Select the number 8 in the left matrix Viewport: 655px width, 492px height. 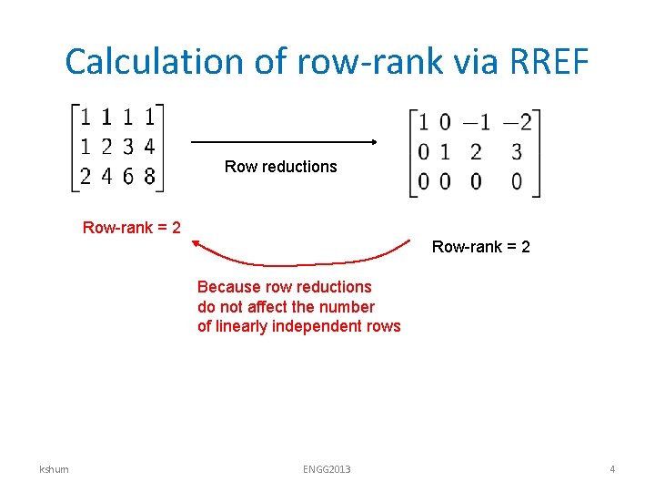[x=150, y=175]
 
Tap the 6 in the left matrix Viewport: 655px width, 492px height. [x=128, y=175]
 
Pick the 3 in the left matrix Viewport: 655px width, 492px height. [x=128, y=146]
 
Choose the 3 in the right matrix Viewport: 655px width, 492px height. [x=517, y=151]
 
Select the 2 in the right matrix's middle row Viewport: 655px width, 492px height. [x=476, y=151]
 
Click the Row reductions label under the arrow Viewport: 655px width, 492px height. [x=280, y=167]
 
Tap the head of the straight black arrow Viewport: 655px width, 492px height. [x=373, y=142]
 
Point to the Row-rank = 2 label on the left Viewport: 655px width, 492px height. [x=131, y=227]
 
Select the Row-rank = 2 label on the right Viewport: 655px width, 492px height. [x=481, y=246]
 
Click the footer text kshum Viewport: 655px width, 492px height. [x=55, y=469]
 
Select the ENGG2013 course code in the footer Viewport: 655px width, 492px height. [x=327, y=469]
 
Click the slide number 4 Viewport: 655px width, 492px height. [x=612, y=469]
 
